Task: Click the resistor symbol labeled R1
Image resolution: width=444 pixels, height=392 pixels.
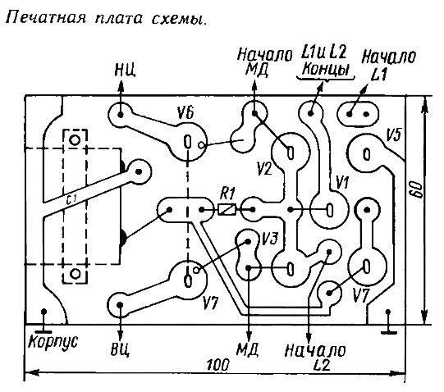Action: (227, 209)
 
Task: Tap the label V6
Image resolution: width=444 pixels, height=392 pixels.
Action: (185, 114)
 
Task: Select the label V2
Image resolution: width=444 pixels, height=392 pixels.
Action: (264, 168)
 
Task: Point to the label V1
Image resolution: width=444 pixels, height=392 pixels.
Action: (342, 183)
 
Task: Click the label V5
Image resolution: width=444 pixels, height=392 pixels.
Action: (394, 136)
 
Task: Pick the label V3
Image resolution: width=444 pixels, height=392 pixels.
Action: (269, 239)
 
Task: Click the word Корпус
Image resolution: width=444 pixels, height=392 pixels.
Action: (53, 342)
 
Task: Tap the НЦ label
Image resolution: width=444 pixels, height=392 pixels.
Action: (126, 70)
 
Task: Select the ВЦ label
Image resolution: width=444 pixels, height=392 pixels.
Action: (120, 350)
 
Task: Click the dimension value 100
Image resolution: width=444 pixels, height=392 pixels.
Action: (217, 365)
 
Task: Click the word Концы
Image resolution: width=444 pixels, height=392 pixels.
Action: (326, 69)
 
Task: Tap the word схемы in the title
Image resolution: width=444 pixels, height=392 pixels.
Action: (178, 19)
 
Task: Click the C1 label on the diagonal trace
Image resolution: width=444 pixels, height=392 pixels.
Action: (71, 199)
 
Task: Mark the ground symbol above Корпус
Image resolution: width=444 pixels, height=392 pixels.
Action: (43, 321)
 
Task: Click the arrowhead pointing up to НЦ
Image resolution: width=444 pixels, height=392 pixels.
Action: (121, 86)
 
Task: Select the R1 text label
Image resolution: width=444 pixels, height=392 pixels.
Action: (227, 194)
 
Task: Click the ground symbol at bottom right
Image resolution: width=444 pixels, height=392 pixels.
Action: (389, 321)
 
